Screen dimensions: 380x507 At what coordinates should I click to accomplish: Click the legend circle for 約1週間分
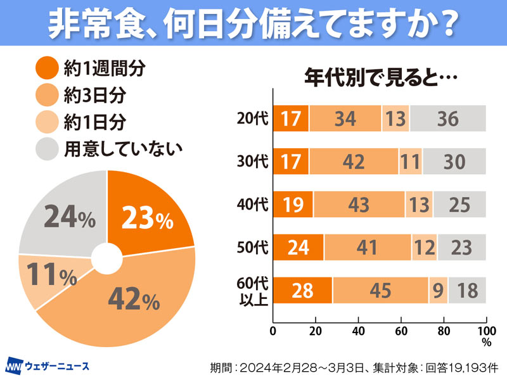coord(46,67)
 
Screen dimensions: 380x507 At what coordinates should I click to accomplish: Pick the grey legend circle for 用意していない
coord(46,149)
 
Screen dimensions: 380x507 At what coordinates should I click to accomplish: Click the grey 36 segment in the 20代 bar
coord(447,118)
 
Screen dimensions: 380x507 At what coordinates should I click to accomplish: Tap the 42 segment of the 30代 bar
coord(353,161)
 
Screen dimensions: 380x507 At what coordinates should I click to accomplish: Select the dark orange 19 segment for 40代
coord(293,205)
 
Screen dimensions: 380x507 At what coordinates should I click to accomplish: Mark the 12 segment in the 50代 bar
coord(424,247)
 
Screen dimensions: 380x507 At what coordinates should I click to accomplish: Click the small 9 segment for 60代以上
coord(439,290)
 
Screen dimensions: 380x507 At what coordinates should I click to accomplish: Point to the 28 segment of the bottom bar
coord(302,290)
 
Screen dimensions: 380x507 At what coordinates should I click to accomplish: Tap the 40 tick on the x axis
coord(358,331)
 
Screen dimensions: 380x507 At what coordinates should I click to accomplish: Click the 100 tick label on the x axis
coord(485,331)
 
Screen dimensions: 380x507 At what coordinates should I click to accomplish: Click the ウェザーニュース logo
coord(48,366)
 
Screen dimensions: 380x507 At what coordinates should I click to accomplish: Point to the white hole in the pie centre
coord(106,258)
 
